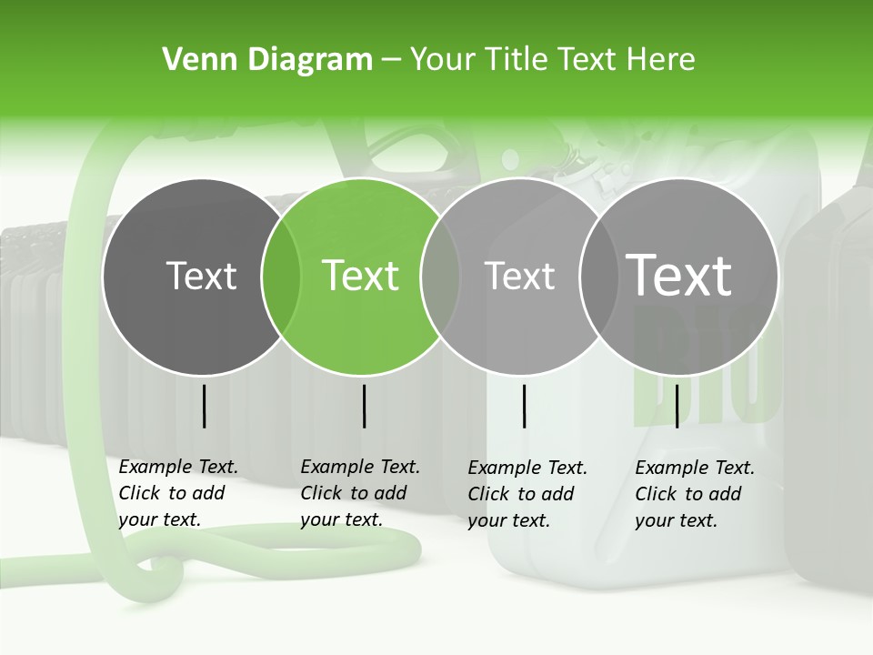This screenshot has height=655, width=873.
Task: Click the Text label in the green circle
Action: pyautogui.click(x=361, y=276)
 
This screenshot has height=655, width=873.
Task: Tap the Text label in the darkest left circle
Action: pyautogui.click(x=202, y=276)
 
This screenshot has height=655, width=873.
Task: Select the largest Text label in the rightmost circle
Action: pyautogui.click(x=679, y=275)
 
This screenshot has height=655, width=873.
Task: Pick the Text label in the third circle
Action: pyautogui.click(x=519, y=276)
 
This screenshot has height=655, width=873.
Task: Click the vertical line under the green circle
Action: pyautogui.click(x=364, y=406)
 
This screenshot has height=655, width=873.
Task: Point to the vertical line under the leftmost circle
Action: pyautogui.click(x=204, y=406)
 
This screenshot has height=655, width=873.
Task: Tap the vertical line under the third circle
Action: pyautogui.click(x=524, y=406)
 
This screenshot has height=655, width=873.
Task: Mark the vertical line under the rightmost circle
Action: pyautogui.click(x=677, y=406)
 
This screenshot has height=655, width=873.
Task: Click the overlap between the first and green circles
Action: pyautogui.click(x=281, y=276)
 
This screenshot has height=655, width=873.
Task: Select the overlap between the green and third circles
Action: pyautogui.click(x=440, y=276)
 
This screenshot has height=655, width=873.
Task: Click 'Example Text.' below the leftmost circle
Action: pyautogui.click(x=178, y=467)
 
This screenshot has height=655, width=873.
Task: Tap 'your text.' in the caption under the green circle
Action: pyautogui.click(x=341, y=519)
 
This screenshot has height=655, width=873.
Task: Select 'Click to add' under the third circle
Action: pyautogui.click(x=521, y=493)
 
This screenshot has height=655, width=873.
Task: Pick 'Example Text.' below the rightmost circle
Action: pyautogui.click(x=695, y=468)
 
